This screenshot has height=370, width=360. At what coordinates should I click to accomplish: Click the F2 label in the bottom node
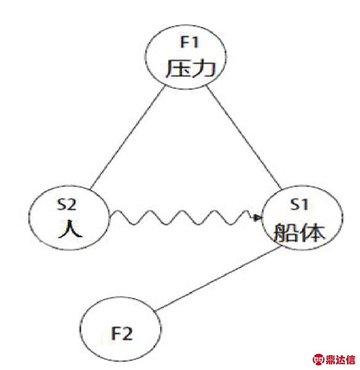coord(122,333)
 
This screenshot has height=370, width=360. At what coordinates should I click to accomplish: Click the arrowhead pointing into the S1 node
coord(256,217)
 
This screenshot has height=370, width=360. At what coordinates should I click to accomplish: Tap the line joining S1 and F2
coord(218,279)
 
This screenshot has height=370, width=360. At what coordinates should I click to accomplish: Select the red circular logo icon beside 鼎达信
coord(318,360)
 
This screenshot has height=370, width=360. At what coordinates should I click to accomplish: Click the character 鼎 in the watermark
coord(330,360)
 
